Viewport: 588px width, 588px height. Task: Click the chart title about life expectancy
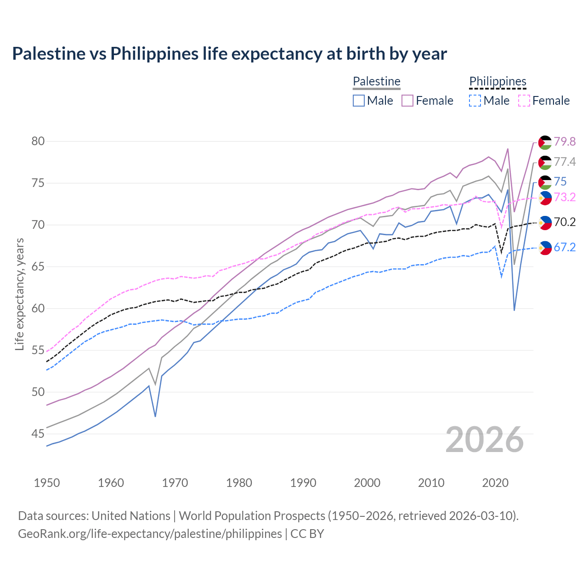(229, 54)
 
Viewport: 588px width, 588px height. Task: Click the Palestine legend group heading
(376, 81)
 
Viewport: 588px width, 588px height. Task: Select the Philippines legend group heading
(498, 81)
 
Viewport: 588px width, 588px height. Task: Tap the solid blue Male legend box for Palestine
(359, 101)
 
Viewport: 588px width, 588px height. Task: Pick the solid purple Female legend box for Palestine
(407, 101)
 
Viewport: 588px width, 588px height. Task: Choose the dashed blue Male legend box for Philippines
(475, 101)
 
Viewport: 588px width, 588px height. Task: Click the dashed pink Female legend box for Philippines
(524, 101)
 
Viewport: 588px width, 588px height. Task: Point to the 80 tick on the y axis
(38, 141)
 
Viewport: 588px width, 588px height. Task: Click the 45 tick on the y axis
(38, 434)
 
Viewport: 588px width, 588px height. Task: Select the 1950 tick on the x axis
(47, 483)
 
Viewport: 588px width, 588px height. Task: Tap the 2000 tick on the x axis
(367, 483)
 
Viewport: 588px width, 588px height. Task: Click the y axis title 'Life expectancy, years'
(19, 294)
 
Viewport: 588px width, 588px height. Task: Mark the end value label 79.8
(565, 141)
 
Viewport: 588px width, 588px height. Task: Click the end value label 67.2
(565, 247)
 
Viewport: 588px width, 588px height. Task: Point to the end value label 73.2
(565, 197)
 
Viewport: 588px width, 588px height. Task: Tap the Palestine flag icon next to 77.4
(545, 163)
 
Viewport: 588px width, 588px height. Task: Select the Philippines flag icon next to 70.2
(545, 223)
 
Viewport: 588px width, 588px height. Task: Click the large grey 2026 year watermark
(485, 440)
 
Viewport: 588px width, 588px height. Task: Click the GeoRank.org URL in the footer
(150, 534)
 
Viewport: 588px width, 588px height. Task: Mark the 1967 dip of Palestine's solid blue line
(155, 416)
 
